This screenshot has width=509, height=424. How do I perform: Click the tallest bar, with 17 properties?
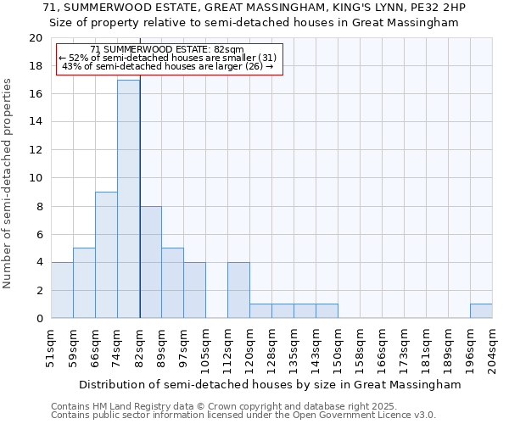(x=128, y=199)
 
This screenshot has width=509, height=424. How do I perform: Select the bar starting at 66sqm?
(x=106, y=254)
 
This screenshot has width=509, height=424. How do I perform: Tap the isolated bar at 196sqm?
(x=481, y=311)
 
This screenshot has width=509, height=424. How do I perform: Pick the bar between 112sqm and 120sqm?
(x=238, y=290)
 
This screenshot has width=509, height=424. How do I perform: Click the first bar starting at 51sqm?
(x=62, y=290)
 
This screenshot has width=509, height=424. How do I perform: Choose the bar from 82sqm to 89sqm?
(x=150, y=262)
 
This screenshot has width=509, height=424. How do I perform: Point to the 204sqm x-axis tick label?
(x=493, y=349)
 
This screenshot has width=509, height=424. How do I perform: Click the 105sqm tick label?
(x=206, y=349)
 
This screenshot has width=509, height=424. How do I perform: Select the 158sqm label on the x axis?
(x=361, y=349)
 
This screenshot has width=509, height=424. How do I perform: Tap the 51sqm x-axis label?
(x=52, y=349)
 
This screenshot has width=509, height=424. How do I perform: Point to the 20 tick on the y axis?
(x=35, y=38)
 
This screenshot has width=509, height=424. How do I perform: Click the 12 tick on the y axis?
(x=35, y=150)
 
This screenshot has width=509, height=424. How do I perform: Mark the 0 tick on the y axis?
(x=38, y=319)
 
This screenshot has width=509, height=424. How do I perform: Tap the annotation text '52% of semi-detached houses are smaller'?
(x=167, y=58)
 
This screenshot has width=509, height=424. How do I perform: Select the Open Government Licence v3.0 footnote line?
(x=243, y=416)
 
